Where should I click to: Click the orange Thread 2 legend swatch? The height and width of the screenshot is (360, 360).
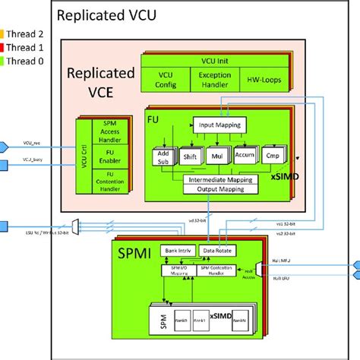[3, 33]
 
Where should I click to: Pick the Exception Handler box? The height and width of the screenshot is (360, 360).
[215, 80]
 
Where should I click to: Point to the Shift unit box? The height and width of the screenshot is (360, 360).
[189, 157]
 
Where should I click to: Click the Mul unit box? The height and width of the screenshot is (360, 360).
[219, 157]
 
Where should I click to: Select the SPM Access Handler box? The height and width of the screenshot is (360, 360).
[109, 134]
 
